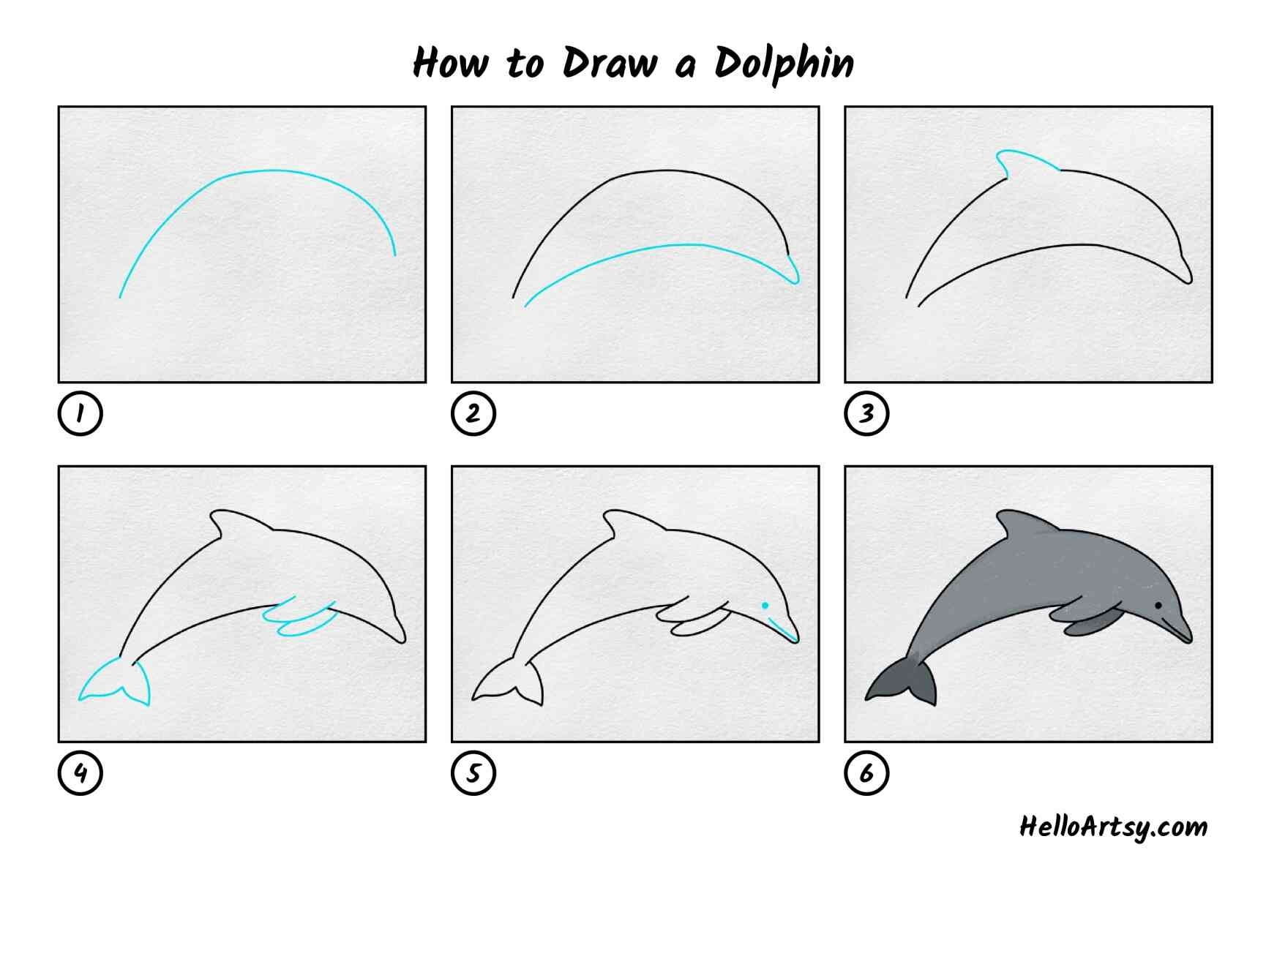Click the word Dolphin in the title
pyautogui.click(x=784, y=64)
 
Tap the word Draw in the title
pyautogui.click(x=610, y=62)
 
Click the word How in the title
pyautogui.click(x=450, y=62)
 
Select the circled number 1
pyautogui.click(x=80, y=413)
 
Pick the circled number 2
pyautogui.click(x=473, y=413)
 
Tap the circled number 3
pyautogui.click(x=866, y=413)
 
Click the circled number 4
pyautogui.click(x=80, y=772)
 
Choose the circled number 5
pyautogui.click(x=473, y=772)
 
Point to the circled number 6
pyautogui.click(x=866, y=772)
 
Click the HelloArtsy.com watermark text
pyautogui.click(x=1113, y=827)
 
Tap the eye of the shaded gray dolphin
pyautogui.click(x=1158, y=606)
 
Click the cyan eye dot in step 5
pyautogui.click(x=765, y=606)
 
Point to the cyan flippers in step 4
pyautogui.click(x=300, y=619)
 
